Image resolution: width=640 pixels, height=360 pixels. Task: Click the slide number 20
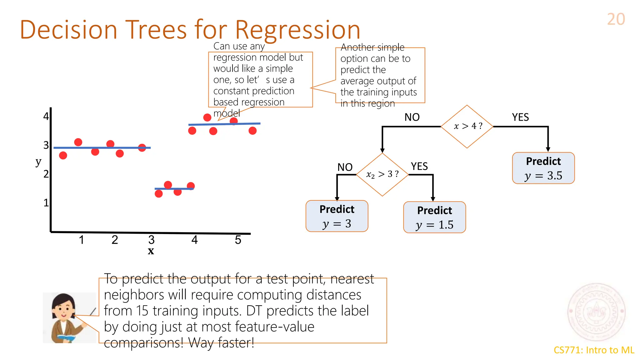tap(616, 19)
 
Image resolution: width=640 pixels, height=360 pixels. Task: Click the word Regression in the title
tap(297, 30)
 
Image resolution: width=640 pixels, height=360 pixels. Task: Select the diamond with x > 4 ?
tap(467, 126)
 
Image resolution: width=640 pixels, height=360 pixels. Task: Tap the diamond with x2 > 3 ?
tap(382, 174)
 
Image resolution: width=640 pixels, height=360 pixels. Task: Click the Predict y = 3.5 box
tap(543, 168)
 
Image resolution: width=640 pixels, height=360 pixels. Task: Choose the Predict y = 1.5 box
tap(434, 217)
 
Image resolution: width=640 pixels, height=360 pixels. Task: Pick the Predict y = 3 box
tap(337, 216)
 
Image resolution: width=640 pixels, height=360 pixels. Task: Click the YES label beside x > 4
tap(520, 117)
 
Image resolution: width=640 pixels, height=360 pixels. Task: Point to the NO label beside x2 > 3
tap(345, 167)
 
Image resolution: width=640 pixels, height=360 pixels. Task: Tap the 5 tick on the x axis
tap(238, 240)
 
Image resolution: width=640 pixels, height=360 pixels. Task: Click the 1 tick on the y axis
tap(46, 203)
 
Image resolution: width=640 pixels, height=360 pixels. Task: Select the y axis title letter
tap(38, 162)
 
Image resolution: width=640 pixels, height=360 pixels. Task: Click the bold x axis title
tap(151, 251)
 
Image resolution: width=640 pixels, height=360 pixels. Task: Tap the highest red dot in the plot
tap(207, 117)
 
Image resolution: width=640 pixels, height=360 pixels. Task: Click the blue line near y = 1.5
tap(174, 189)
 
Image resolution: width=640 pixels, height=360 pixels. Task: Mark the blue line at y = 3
tap(102, 147)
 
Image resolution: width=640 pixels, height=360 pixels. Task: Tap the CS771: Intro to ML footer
tap(594, 350)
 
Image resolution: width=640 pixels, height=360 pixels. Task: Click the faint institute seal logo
tap(596, 312)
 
